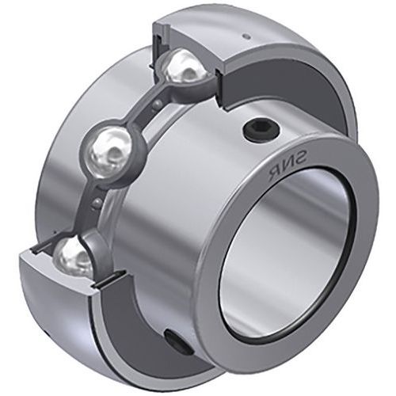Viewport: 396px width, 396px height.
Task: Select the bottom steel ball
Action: click(x=74, y=255)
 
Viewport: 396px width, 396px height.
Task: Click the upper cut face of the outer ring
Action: click(x=190, y=32)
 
